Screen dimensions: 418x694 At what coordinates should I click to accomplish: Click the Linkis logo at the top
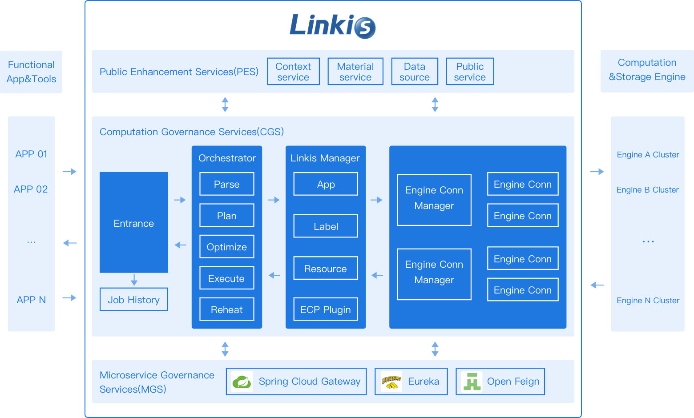click(x=332, y=26)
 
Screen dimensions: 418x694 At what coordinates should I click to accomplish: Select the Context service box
click(x=293, y=72)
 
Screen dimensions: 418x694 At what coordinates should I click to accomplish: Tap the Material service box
click(x=355, y=72)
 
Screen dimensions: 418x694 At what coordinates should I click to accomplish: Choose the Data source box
click(x=415, y=72)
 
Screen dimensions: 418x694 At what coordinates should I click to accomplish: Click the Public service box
click(x=470, y=72)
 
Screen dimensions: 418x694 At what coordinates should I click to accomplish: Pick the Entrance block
click(x=134, y=222)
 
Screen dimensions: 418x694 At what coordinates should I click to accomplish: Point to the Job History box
click(x=134, y=300)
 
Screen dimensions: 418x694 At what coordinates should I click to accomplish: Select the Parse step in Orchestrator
click(x=227, y=184)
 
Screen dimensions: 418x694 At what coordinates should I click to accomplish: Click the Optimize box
click(x=227, y=247)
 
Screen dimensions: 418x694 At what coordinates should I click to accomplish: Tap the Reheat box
click(x=227, y=309)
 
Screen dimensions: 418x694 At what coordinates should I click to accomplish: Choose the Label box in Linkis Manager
click(x=326, y=226)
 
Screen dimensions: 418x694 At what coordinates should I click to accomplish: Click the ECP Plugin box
click(x=326, y=309)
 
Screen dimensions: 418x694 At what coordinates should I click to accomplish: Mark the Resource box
click(x=326, y=269)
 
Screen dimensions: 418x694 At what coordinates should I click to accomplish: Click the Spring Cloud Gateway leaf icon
click(x=242, y=382)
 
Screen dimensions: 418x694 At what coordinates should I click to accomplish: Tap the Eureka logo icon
click(x=391, y=382)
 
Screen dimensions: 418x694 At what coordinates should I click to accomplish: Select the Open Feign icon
click(x=472, y=382)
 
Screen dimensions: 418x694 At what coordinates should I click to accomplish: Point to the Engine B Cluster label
click(x=648, y=190)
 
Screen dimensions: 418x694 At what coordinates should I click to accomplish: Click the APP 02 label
click(x=31, y=189)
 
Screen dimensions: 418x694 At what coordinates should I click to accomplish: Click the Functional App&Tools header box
click(x=31, y=72)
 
